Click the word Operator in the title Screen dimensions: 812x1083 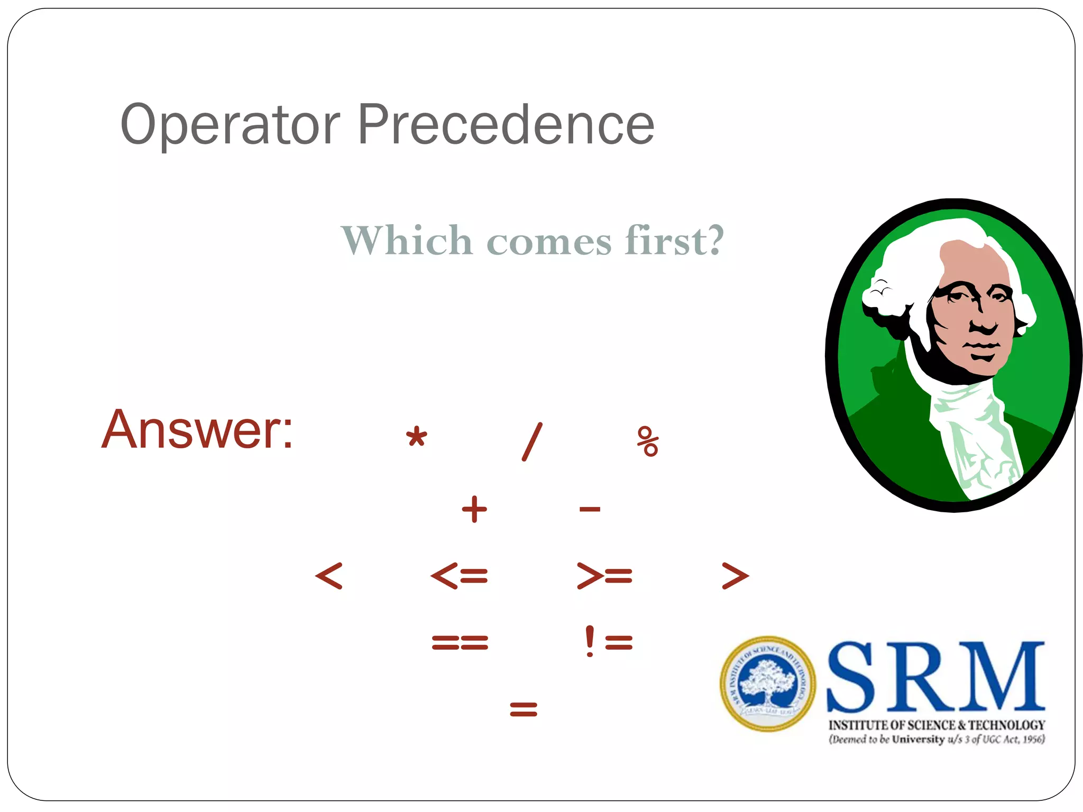tap(230, 125)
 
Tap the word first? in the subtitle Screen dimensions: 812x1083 tap(674, 241)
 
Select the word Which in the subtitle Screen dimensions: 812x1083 tap(407, 241)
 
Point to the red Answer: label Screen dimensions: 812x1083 tap(197, 429)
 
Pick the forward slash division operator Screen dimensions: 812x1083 tap(532, 441)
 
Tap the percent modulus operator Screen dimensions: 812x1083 tap(648, 441)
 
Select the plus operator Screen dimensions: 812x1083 tap(474, 509)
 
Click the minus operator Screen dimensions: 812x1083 tap(590, 509)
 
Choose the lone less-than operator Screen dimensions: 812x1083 tap(329, 576)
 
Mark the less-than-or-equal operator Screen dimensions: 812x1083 tap(459, 576)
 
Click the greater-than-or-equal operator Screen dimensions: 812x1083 tap(604, 576)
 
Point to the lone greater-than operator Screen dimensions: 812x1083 tap(735, 576)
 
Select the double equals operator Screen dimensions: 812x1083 tap(460, 642)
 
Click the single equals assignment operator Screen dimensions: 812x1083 tap(524, 708)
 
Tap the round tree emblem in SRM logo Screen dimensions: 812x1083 tap(767, 684)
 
